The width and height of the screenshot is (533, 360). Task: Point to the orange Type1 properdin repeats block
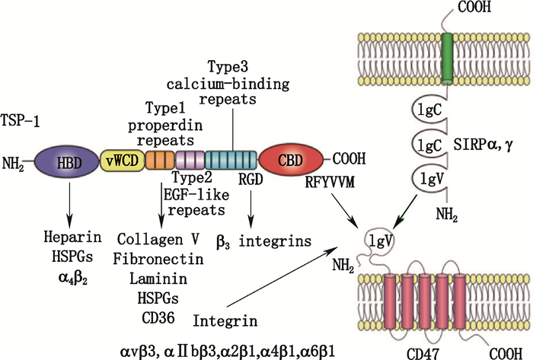pos(159,159)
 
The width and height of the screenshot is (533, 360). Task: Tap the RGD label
pos(252,179)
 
